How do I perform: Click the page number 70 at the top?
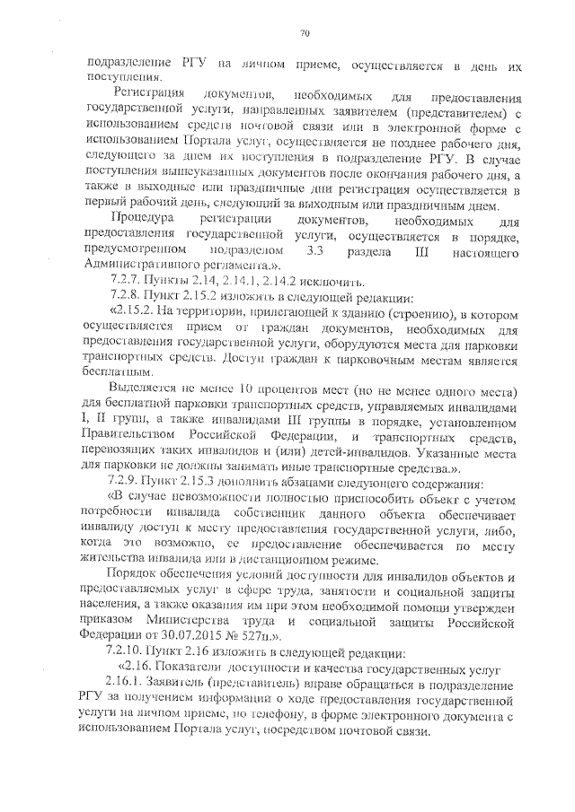[x=304, y=33]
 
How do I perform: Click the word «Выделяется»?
[x=143, y=389]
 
